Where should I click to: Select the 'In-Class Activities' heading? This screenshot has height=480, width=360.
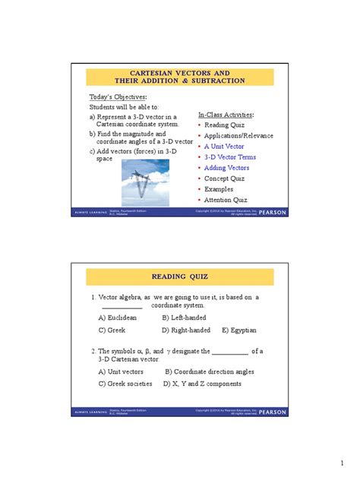coord(226,114)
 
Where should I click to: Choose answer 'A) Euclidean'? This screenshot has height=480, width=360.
coord(118,317)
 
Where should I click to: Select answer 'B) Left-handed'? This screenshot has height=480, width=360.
coord(185,317)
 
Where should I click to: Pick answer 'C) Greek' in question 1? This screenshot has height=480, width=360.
coord(112,330)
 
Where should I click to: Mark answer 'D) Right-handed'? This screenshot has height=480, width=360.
coord(186,330)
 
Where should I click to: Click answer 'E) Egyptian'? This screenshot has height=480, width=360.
coord(239,330)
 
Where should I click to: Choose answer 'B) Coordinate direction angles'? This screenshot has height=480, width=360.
coord(209,371)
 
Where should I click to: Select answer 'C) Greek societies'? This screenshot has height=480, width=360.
coord(125,384)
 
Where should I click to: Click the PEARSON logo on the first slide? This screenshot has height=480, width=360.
coord(273,213)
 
